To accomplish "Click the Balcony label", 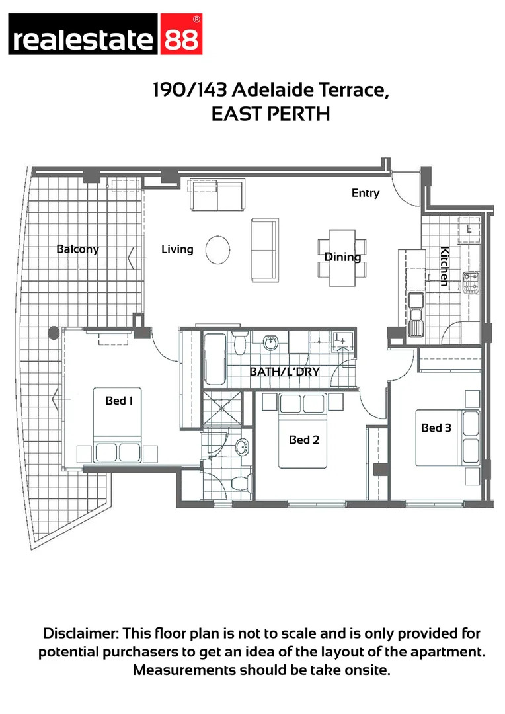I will [x=77, y=249].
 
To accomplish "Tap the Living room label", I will [x=177, y=249].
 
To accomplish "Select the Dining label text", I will [x=342, y=257].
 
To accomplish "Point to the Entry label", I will [x=366, y=193].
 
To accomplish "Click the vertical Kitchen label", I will [x=445, y=266].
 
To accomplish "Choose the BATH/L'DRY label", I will [x=284, y=372].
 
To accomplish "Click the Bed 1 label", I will [x=120, y=400].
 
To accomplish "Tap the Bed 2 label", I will [x=304, y=439].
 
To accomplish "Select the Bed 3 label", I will [x=436, y=428].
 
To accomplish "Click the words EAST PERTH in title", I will [x=270, y=114].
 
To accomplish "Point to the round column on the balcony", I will [x=53, y=333].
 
